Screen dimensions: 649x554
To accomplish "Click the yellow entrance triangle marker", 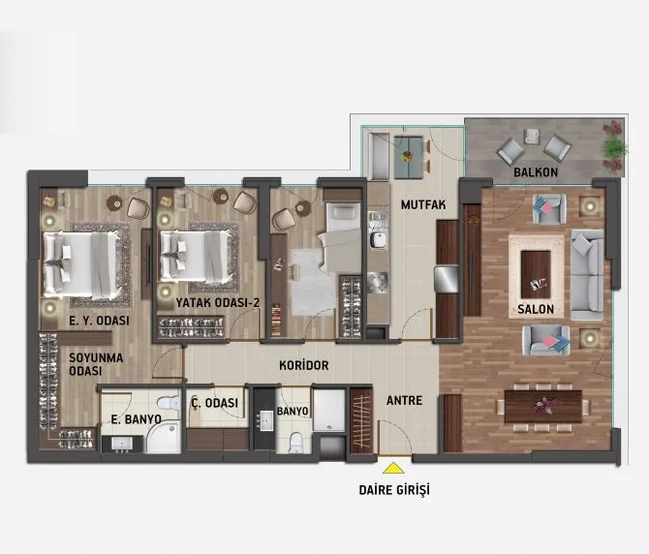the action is click(393, 468).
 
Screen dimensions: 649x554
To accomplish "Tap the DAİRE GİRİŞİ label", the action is click(394, 490).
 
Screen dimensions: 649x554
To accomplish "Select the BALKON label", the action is click(536, 172).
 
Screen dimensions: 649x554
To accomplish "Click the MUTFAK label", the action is click(423, 204).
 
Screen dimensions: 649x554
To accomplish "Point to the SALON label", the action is click(536, 310).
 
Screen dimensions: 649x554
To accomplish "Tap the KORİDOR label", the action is click(304, 365).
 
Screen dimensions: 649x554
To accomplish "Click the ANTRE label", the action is click(404, 401).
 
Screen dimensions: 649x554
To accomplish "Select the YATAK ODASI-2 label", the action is click(218, 302).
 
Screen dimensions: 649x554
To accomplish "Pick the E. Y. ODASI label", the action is click(99, 321).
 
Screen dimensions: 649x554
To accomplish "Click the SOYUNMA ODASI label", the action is click(96, 364).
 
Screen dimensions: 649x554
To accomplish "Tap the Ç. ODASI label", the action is click(215, 403).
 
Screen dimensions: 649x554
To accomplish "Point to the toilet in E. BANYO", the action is click(169, 404).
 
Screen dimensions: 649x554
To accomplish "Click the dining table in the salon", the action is click(543, 406).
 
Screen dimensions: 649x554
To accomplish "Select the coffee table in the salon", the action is click(536, 274).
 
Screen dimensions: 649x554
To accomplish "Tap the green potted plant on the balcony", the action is click(614, 146).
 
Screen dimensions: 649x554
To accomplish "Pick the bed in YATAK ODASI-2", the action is click(195, 256).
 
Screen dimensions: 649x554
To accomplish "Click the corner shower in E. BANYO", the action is click(164, 437).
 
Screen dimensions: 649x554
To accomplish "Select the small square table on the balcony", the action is click(532, 137).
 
